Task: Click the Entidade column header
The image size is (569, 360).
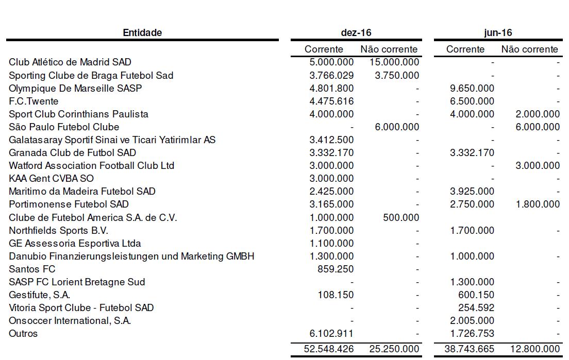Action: [142, 33]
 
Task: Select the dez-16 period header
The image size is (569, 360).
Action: [356, 33]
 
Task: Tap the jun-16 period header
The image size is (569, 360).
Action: [498, 33]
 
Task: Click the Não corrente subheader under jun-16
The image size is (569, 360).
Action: [529, 49]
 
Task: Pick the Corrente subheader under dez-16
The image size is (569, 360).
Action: [324, 49]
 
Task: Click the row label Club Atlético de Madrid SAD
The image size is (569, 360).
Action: [70, 62]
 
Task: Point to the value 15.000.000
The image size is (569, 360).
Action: [394, 62]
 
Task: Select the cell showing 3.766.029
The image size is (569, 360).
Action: [329, 76]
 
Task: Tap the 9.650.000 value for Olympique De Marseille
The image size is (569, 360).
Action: [472, 89]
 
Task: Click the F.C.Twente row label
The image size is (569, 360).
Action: [34, 101]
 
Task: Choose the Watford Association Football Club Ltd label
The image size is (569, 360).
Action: [92, 166]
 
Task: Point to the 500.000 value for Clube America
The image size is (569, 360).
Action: [401, 217]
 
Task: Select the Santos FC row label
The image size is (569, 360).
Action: [32, 269]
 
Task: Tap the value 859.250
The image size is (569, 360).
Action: [335, 269]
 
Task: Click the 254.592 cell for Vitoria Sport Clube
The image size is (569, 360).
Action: [477, 308]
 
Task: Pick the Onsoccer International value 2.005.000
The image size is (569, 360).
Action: [472, 321]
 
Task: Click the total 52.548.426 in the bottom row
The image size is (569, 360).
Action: [329, 349]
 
